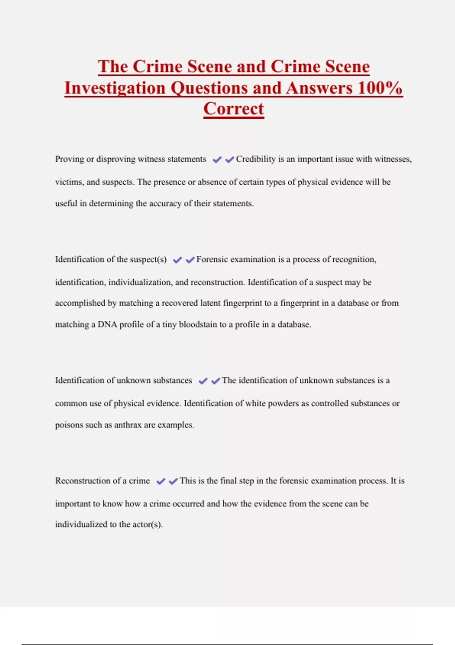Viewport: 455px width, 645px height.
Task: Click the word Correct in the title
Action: [234, 109]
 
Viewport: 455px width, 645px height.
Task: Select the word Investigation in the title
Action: [115, 88]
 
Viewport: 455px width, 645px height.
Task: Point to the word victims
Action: [69, 182]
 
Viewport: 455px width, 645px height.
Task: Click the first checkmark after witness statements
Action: [217, 160]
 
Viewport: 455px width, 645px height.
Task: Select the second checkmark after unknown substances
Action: [216, 381]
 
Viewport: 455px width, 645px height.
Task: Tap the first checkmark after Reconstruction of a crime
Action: [161, 481]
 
